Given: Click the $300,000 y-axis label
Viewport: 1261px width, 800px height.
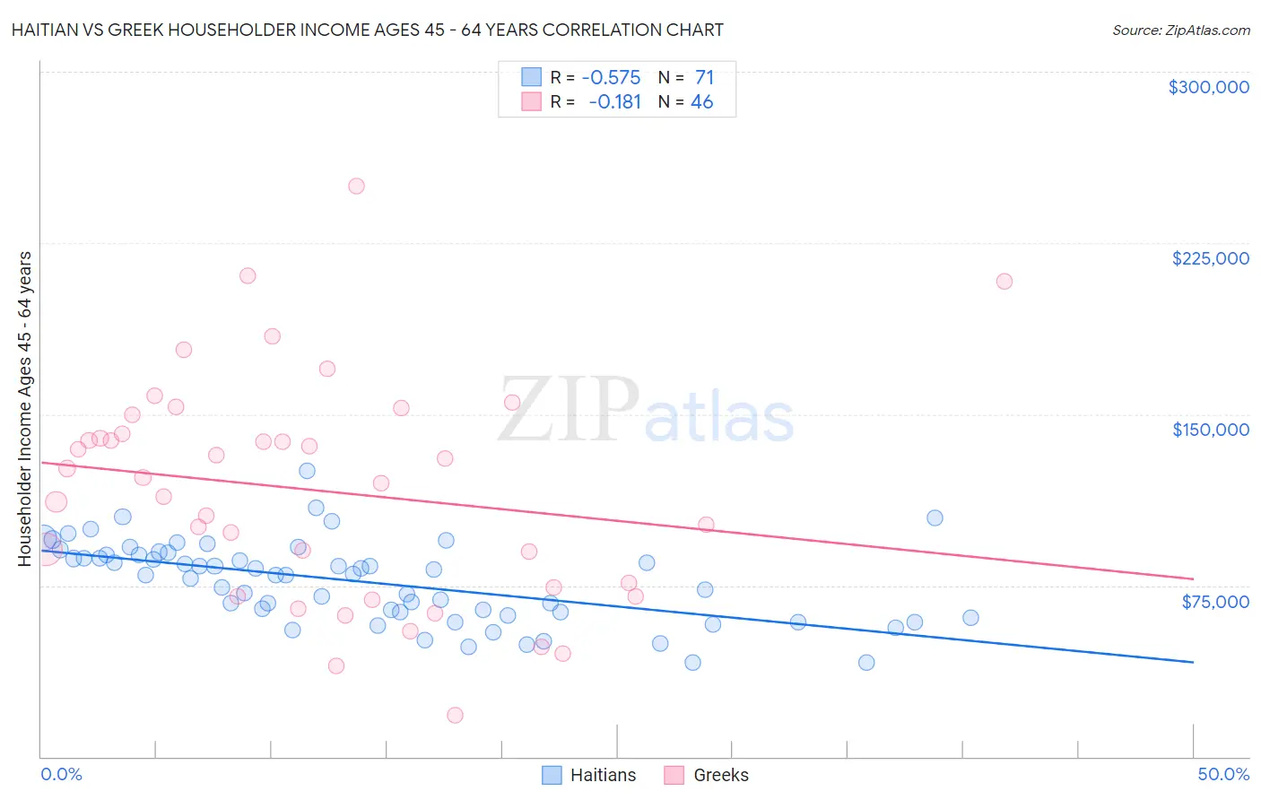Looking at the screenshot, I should [1208, 87].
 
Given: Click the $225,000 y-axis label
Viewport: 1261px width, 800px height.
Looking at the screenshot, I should [1210, 258].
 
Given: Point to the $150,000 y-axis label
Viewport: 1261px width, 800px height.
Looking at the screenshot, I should [1210, 430].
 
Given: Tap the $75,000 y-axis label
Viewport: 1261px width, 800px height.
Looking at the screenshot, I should [1215, 601].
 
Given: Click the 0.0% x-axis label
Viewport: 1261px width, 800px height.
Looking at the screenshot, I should [61, 774].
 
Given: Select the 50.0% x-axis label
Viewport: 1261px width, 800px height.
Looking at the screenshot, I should [1223, 774].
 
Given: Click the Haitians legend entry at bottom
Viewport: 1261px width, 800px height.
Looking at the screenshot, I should [589, 775].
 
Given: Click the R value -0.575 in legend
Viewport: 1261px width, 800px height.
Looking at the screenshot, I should [611, 77].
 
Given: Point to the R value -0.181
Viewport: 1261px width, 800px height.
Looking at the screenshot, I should [614, 101].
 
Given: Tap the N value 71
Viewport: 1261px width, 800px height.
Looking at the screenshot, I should [704, 77].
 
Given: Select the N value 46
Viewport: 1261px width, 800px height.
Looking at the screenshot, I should [701, 101].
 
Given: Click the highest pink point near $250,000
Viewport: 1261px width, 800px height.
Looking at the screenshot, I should [356, 187].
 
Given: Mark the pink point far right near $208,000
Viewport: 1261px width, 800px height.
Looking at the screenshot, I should [1004, 282].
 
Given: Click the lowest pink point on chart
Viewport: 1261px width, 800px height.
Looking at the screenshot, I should [455, 715].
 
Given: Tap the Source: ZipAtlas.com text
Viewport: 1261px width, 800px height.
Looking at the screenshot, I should [1180, 30].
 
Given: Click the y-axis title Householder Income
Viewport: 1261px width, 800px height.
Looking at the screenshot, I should [24, 408].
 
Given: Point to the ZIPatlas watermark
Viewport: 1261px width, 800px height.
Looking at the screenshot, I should [646, 411].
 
